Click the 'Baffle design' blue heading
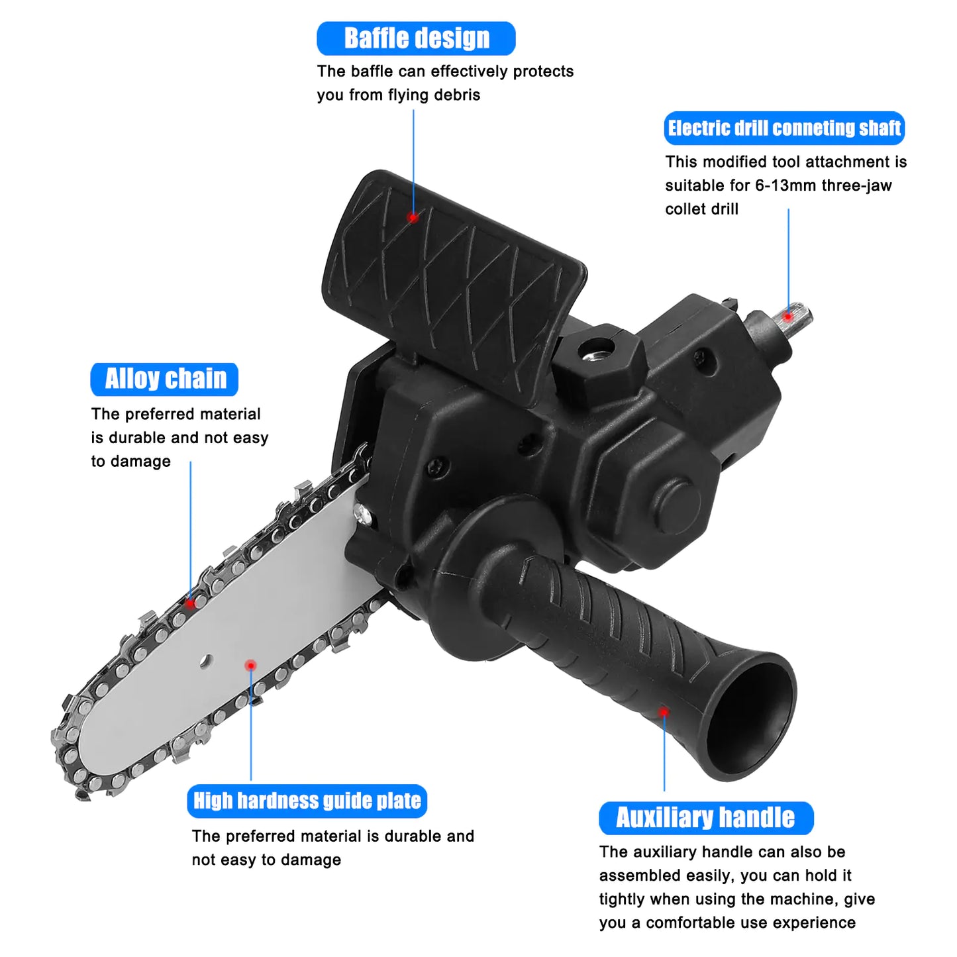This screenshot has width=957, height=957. (x=416, y=38)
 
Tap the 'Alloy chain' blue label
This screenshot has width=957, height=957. (x=165, y=379)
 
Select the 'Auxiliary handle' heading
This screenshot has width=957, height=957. (x=705, y=818)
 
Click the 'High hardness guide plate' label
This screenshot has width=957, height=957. (x=307, y=801)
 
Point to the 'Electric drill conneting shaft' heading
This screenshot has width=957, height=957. (x=784, y=128)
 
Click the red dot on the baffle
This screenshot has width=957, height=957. (x=413, y=217)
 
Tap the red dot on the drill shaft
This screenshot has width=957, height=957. (x=787, y=316)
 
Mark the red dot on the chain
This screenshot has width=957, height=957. (x=191, y=603)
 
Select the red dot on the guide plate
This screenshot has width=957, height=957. (x=250, y=665)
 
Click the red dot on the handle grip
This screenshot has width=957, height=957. (x=663, y=711)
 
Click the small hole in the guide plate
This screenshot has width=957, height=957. (x=206, y=660)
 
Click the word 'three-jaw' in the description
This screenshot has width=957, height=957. (x=856, y=185)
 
